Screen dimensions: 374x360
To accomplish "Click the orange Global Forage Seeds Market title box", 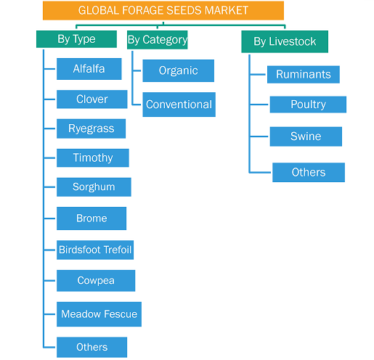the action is point(163,10).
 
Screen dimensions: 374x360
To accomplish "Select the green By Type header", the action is point(76,39).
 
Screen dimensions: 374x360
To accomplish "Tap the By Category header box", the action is point(158,40).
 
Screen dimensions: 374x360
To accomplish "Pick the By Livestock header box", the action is point(285,41).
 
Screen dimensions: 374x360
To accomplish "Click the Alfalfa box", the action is point(89,69).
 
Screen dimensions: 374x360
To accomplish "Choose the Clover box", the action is point(92,99).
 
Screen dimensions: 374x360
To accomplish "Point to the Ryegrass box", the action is point(91,128).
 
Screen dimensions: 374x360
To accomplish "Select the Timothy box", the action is point(93,157).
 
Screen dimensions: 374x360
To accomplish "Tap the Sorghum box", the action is point(94,187).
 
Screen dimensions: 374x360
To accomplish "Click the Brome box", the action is point(92,218).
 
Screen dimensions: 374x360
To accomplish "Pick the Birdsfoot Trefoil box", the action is point(95,250).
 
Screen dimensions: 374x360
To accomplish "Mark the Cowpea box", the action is point(96,281).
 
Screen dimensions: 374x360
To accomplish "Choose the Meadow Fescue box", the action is point(99,314).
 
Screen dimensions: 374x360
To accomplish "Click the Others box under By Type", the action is point(92,347).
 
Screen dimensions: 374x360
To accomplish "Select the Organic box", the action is point(179,70).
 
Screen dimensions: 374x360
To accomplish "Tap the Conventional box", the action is point(179,105).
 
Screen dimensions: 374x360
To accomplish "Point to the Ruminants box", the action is point(304,75).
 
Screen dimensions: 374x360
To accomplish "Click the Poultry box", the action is point(308,105).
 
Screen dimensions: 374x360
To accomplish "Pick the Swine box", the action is point(306,136).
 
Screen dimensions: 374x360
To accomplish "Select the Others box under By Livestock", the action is point(309,172).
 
